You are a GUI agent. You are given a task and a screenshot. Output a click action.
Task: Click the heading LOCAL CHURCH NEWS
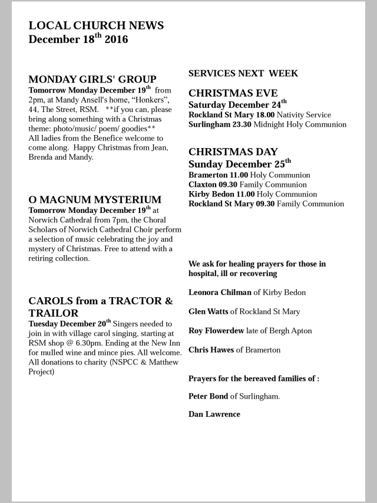coord(96,25)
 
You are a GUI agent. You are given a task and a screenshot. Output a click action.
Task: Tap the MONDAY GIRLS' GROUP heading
coord(92,79)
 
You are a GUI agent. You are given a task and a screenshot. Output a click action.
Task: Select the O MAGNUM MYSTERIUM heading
coord(95,199)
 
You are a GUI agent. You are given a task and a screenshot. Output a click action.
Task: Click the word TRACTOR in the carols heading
coord(129,301)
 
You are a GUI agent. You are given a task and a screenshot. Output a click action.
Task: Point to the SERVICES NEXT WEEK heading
coord(243,74)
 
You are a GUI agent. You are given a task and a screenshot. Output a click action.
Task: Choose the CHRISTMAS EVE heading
coord(229,93)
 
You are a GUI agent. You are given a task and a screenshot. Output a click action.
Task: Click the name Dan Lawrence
coord(214,414)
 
